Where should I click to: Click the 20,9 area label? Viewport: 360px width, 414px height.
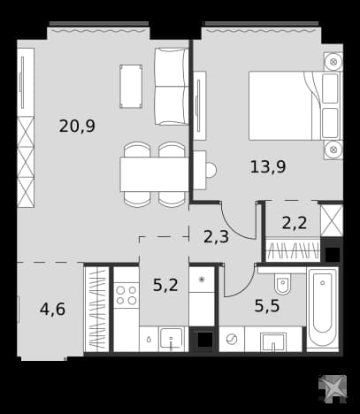(77, 126)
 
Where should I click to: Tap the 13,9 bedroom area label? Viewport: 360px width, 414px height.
(268, 166)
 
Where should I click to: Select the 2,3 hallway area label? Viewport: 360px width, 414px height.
(216, 236)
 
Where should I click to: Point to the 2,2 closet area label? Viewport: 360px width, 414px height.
(295, 223)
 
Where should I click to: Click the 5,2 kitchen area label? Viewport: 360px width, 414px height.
(165, 285)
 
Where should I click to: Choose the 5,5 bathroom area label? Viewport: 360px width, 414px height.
(267, 306)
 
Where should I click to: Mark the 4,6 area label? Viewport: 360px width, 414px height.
(52, 310)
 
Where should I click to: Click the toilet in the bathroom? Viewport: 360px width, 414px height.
(282, 284)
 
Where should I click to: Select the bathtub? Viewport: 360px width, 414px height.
(322, 309)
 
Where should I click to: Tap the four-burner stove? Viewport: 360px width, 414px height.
(126, 295)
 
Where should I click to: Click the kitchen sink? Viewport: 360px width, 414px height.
(171, 339)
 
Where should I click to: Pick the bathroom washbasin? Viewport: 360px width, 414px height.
(273, 342)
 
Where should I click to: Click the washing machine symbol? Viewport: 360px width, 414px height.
(232, 339)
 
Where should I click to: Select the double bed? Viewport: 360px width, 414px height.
(295, 105)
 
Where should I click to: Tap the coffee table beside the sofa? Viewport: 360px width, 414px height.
(131, 87)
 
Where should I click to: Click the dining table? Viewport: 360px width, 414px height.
(154, 174)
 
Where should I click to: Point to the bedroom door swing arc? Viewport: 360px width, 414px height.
(232, 228)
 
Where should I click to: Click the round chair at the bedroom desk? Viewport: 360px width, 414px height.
(211, 170)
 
